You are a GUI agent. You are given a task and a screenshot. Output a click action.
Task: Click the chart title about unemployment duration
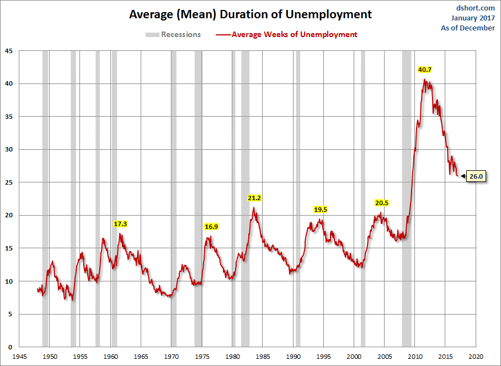250,14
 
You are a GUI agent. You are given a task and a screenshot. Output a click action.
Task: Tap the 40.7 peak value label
425,70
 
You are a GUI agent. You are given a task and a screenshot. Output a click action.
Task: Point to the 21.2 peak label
254,197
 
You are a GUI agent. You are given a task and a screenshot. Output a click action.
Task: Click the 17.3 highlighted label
120,224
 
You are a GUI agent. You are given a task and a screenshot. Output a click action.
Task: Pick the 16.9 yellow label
211,226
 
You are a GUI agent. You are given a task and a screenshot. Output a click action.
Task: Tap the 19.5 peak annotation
321,209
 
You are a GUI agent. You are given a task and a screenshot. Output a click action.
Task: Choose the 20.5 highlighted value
382,203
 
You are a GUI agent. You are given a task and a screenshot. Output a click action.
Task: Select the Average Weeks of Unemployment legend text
294,34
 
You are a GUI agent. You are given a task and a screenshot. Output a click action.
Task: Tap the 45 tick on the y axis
8,51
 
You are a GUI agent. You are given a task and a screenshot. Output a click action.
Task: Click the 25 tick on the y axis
8,182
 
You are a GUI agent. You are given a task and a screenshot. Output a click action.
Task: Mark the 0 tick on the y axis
10,347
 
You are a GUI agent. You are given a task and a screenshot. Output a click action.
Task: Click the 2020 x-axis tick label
476,357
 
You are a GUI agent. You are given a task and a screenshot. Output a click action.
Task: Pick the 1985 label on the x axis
263,357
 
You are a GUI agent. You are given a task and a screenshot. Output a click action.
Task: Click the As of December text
468,28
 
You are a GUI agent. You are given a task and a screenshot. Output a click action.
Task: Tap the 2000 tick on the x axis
354,357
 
